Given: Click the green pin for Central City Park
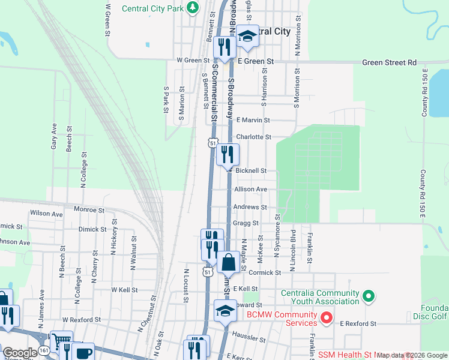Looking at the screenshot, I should (x=192, y=8).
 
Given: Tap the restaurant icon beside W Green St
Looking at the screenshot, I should (x=224, y=47).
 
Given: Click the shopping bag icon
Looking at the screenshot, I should (x=228, y=262).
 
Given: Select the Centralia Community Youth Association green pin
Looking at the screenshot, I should (x=369, y=296).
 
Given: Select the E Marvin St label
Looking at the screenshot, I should (x=253, y=120).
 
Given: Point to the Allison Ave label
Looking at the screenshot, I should (x=251, y=189).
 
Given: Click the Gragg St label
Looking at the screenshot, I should (x=247, y=223).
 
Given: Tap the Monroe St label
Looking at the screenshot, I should (x=89, y=210).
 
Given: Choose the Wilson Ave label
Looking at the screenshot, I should (x=46, y=214).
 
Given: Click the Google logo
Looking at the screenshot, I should (x=20, y=353).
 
